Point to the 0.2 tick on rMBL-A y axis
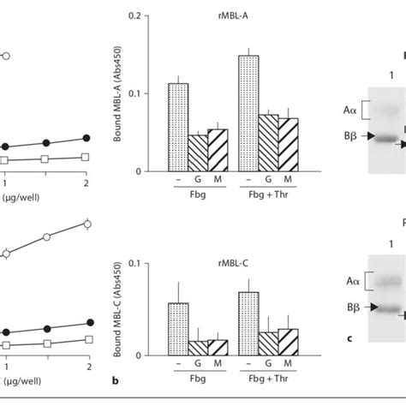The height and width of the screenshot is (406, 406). tap(151, 15)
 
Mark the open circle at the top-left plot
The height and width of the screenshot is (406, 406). tap(6, 57)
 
